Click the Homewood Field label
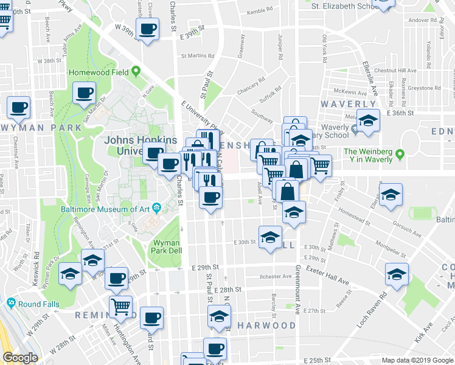pos(97,72)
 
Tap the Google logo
pos(20,358)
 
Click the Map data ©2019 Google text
pos(417,360)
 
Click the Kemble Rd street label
pos(260,12)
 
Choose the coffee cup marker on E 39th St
pos(148,29)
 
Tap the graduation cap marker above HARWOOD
pos(219,316)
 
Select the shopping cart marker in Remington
pos(121,307)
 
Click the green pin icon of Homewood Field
pos(134,71)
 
